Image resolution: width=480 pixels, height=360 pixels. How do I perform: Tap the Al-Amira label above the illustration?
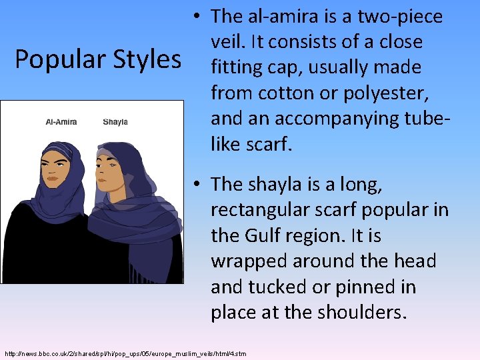pos(61,122)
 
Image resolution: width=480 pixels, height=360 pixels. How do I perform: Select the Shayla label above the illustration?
pos(115,122)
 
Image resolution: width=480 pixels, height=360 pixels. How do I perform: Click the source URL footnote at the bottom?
pos(125,353)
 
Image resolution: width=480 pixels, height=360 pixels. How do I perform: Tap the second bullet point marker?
pos(199,184)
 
